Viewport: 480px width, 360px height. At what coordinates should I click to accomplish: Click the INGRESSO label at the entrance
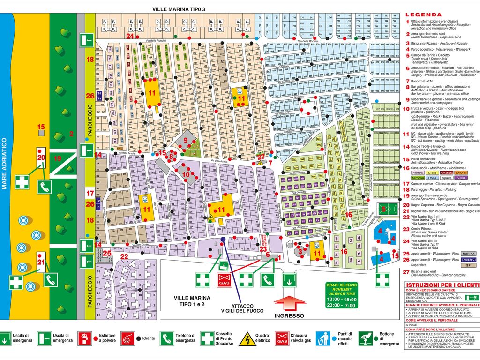[x=290, y=315]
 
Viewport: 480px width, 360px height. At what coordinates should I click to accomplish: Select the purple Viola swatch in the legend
[x=461, y=178]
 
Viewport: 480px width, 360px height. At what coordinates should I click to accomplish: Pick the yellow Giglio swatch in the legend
[x=432, y=172]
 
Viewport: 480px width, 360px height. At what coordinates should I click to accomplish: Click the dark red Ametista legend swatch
[x=446, y=172]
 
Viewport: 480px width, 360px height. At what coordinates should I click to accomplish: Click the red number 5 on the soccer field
[x=383, y=209]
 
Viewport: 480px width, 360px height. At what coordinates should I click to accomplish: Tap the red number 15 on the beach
[x=41, y=127]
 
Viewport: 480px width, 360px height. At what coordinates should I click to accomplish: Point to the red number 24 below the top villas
[x=130, y=36]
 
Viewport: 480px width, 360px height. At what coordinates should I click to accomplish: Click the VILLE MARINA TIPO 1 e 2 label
[x=192, y=301]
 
